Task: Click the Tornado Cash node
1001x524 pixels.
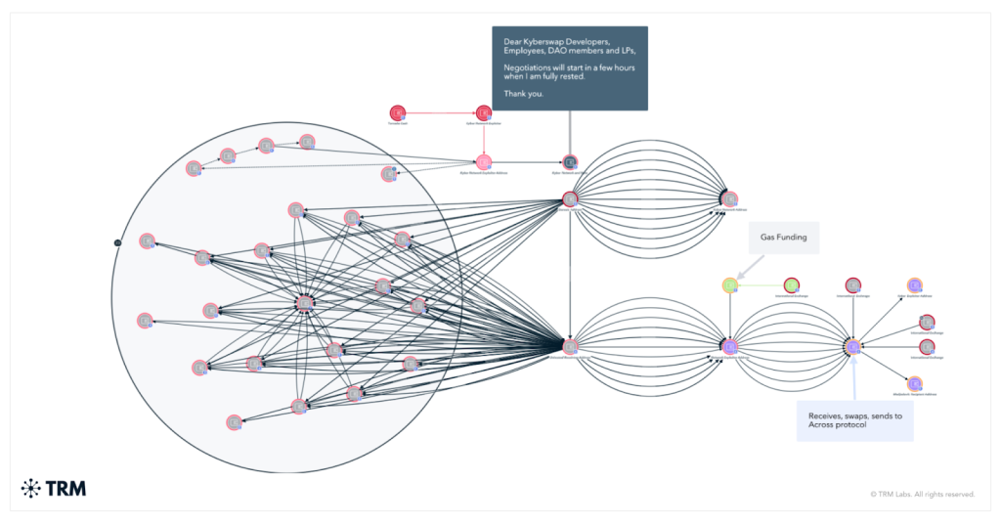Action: [398, 113]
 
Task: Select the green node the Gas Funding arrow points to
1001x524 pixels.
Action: [730, 284]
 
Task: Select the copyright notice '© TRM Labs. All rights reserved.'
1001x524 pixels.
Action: [922, 494]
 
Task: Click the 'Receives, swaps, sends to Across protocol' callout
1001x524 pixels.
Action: [855, 421]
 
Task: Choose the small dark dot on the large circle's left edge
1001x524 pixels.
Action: [116, 241]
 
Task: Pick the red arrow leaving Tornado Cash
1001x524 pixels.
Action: [440, 113]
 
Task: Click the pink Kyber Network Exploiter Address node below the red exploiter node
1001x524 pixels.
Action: [483, 161]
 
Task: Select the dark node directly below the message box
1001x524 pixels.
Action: [570, 161]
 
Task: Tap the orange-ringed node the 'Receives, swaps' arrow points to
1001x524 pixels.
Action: [852, 346]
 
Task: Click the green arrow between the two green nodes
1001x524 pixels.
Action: [761, 284]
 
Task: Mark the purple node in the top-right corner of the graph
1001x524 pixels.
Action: [915, 284]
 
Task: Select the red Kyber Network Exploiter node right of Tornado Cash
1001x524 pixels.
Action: [483, 113]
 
